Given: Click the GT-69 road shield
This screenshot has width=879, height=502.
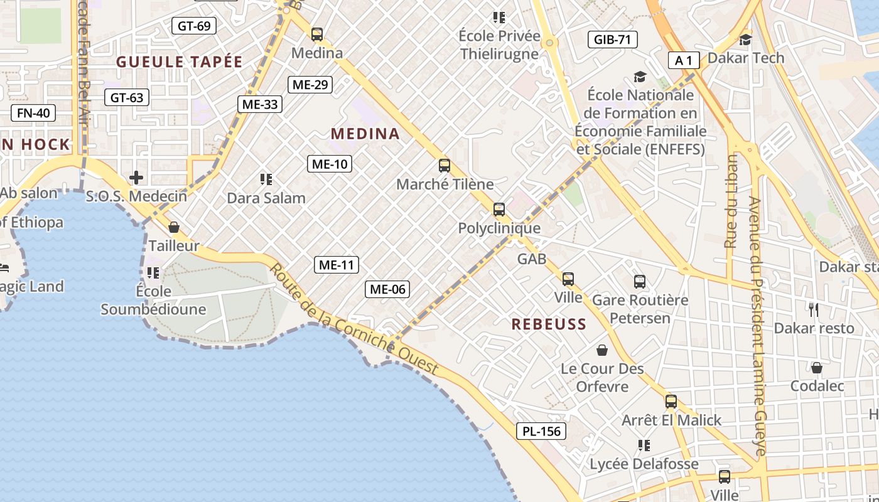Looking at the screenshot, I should click(194, 26).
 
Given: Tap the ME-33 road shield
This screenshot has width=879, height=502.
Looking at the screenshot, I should click(259, 104).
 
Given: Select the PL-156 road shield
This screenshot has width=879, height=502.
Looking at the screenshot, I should click(541, 431).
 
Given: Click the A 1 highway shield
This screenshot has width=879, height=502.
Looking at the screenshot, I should click(684, 60).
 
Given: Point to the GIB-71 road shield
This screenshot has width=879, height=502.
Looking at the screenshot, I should click(612, 40).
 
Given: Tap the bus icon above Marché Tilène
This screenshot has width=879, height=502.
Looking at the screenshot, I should click(445, 166).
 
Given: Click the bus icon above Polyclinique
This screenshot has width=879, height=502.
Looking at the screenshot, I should click(499, 209).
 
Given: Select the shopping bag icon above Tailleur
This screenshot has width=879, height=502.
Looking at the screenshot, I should click(174, 227).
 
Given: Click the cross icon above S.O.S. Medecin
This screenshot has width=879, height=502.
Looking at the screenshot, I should click(136, 178).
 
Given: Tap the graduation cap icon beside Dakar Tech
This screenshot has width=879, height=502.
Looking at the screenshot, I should click(745, 40).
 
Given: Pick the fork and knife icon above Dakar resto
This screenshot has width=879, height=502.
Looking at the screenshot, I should click(814, 309).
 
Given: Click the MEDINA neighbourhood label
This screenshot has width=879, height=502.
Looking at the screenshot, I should click(365, 134).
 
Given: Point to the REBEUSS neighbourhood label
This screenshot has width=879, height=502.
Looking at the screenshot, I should click(549, 324).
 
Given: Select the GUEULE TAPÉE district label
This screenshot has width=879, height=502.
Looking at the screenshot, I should click(180, 61).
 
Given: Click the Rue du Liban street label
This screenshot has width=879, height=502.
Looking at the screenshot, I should click(731, 201).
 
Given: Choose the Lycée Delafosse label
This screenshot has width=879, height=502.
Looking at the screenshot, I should click(644, 464).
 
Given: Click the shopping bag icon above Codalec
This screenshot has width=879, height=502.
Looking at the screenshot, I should click(817, 368).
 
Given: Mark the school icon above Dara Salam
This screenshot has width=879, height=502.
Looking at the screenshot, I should click(266, 179).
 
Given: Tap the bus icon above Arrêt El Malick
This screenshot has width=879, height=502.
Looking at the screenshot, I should click(671, 401).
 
